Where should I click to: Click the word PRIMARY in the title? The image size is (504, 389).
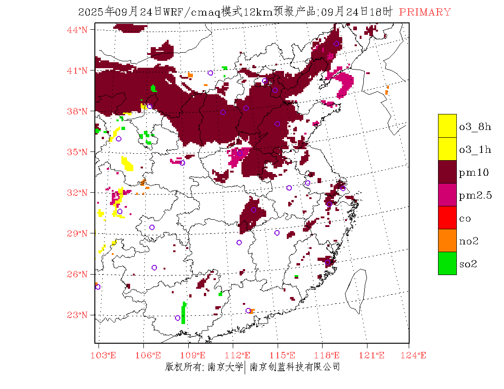coord(425,12)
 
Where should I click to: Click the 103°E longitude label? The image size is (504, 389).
coord(105,355)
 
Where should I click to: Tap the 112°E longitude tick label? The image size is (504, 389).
coord(241,355)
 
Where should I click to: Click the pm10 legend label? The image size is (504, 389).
coord(473,173)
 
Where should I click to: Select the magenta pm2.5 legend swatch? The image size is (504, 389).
coord(447,194)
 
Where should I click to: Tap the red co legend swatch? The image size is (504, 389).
coord(447,217)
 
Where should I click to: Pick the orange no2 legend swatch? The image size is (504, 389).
coord(447,240)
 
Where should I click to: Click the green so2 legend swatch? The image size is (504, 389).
coord(447,263)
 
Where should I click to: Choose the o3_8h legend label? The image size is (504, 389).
coord(475,127)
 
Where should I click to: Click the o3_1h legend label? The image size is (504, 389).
coord(475,150)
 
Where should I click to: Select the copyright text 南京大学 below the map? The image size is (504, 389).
coord(225,367)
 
